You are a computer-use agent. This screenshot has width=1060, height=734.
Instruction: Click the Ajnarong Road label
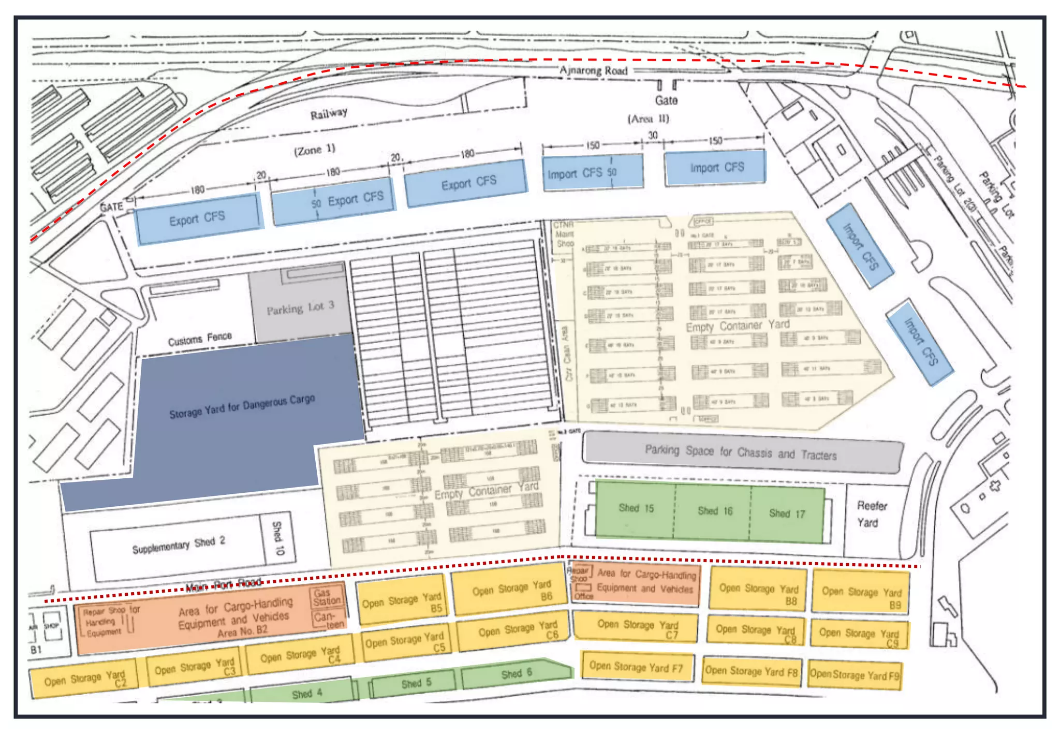point(593,70)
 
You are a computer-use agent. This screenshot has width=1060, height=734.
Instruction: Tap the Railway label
point(329,113)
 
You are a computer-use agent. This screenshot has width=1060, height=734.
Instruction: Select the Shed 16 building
point(714,511)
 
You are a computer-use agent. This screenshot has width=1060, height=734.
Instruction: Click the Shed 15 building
point(636,508)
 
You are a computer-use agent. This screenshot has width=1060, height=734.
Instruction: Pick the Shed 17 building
point(787,513)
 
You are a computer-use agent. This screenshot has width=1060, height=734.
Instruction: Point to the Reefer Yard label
point(871,514)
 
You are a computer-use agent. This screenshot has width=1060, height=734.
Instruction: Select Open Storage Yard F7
point(636,667)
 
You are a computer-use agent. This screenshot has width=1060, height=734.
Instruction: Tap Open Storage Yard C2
point(84,679)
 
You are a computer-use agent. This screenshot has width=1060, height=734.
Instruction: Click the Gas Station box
point(327,597)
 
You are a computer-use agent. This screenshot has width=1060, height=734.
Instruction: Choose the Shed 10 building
point(278,538)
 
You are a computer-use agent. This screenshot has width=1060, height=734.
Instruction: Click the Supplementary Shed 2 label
point(178,545)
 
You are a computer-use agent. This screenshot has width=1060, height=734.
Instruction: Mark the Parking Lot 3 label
point(300,308)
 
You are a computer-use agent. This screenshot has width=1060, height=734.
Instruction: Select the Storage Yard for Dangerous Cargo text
point(242,406)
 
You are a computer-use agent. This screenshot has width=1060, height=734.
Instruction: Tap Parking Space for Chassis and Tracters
point(740,452)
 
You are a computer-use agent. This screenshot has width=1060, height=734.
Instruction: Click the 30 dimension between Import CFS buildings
point(653,135)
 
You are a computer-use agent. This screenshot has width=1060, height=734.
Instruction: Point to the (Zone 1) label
point(315,150)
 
